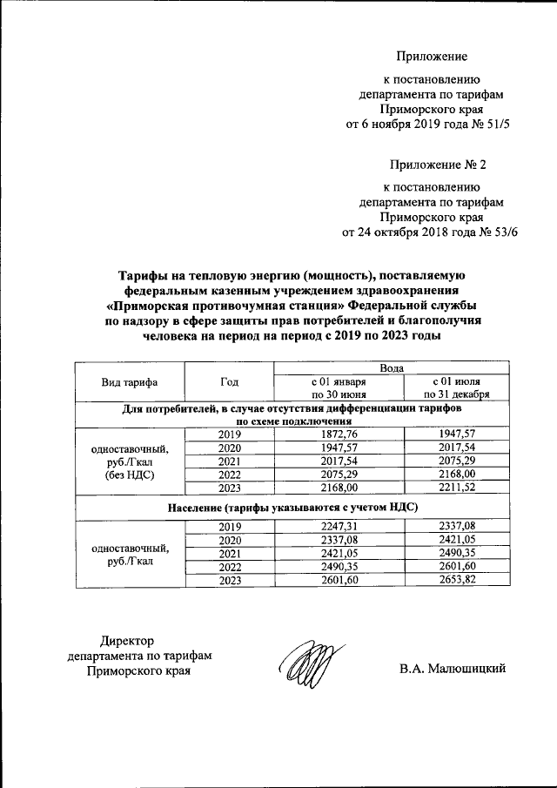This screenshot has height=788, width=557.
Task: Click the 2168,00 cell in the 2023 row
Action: pyautogui.click(x=339, y=488)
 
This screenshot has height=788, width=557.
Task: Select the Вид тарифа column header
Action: pyautogui.click(x=130, y=382)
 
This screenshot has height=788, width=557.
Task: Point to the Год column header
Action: pyautogui.click(x=229, y=382)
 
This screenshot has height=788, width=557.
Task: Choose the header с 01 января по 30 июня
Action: pyautogui.click(x=339, y=388)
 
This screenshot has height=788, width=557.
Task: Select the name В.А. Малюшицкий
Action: pyautogui.click(x=453, y=669)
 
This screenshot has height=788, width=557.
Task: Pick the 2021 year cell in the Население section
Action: pyautogui.click(x=229, y=554)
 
